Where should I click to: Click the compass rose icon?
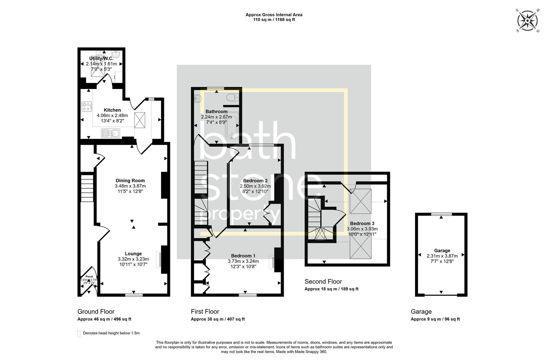click(x=528, y=21)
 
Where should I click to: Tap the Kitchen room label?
click(x=112, y=110)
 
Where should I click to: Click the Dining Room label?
click(x=130, y=181)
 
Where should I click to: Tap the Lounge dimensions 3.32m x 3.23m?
click(x=133, y=259)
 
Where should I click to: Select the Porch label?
click(x=89, y=276)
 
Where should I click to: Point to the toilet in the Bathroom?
click(x=231, y=98)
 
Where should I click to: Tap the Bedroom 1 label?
click(x=243, y=256)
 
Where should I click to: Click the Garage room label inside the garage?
click(x=442, y=251)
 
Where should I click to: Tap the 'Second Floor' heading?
click(x=323, y=282)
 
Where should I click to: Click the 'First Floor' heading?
click(x=205, y=312)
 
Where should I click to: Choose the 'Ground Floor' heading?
click(x=96, y=312)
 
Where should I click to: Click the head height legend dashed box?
click(x=79, y=334)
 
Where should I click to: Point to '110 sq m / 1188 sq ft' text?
click(x=274, y=20)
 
